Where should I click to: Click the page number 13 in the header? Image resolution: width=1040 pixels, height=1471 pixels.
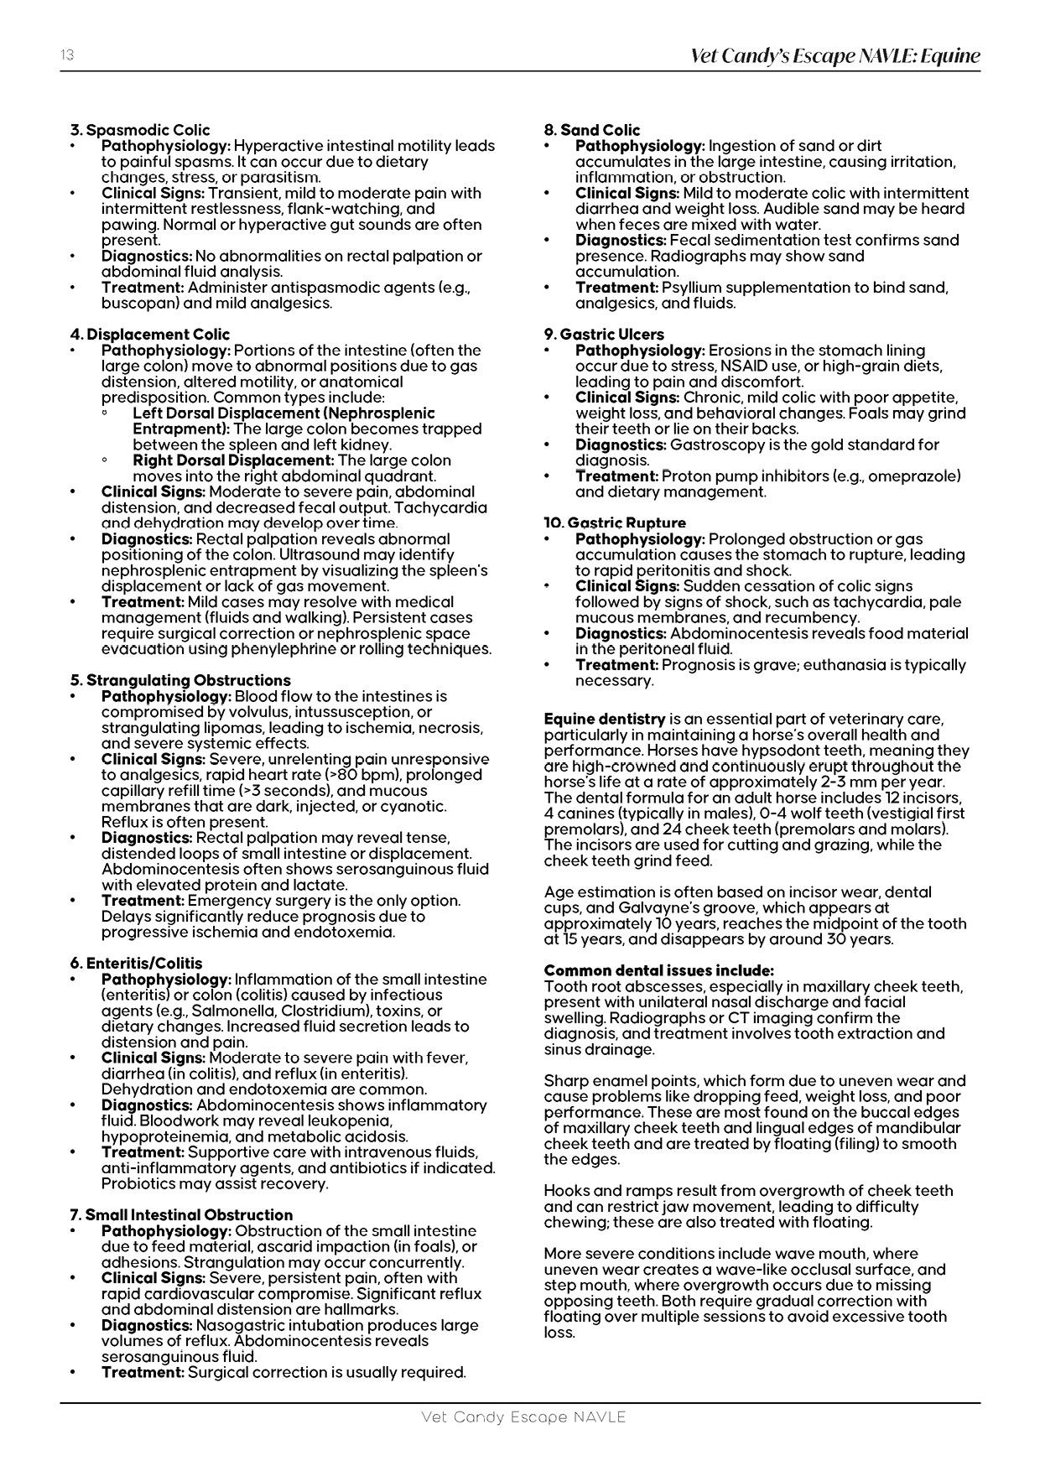point(67,55)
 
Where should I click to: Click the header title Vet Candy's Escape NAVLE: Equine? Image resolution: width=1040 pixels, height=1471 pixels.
point(835,56)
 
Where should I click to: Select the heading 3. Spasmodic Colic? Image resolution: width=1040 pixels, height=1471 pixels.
point(140,130)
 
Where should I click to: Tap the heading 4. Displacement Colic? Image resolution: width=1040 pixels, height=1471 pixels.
point(149,335)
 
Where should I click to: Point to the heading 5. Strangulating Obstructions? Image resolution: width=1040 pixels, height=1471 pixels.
point(180,680)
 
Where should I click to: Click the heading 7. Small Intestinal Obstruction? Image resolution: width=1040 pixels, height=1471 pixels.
point(181,1215)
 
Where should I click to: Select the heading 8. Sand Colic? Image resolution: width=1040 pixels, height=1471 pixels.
point(591,130)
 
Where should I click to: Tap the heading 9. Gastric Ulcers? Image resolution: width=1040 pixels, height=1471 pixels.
point(604,335)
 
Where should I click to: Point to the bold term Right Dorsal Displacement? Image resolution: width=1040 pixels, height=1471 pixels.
point(233,460)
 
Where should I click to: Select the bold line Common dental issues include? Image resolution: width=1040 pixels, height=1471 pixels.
point(658,970)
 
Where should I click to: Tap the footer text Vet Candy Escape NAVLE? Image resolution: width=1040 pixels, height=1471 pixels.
point(523,1417)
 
